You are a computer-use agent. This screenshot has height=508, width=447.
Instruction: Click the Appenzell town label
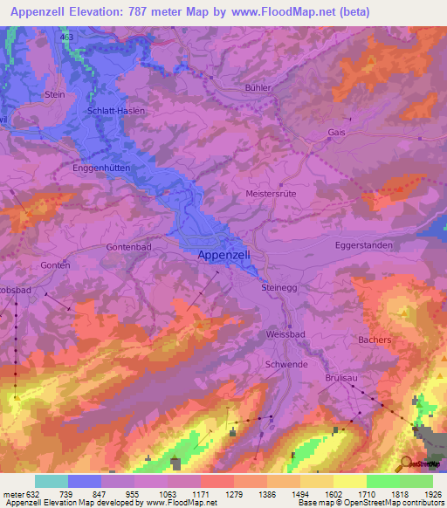point(224,254)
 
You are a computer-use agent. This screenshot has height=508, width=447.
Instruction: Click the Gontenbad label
point(130,248)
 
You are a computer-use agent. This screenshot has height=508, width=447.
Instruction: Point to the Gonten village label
point(54,264)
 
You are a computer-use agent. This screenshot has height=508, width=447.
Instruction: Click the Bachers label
point(374,339)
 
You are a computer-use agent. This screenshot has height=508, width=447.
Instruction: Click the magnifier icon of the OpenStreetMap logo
point(406,463)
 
